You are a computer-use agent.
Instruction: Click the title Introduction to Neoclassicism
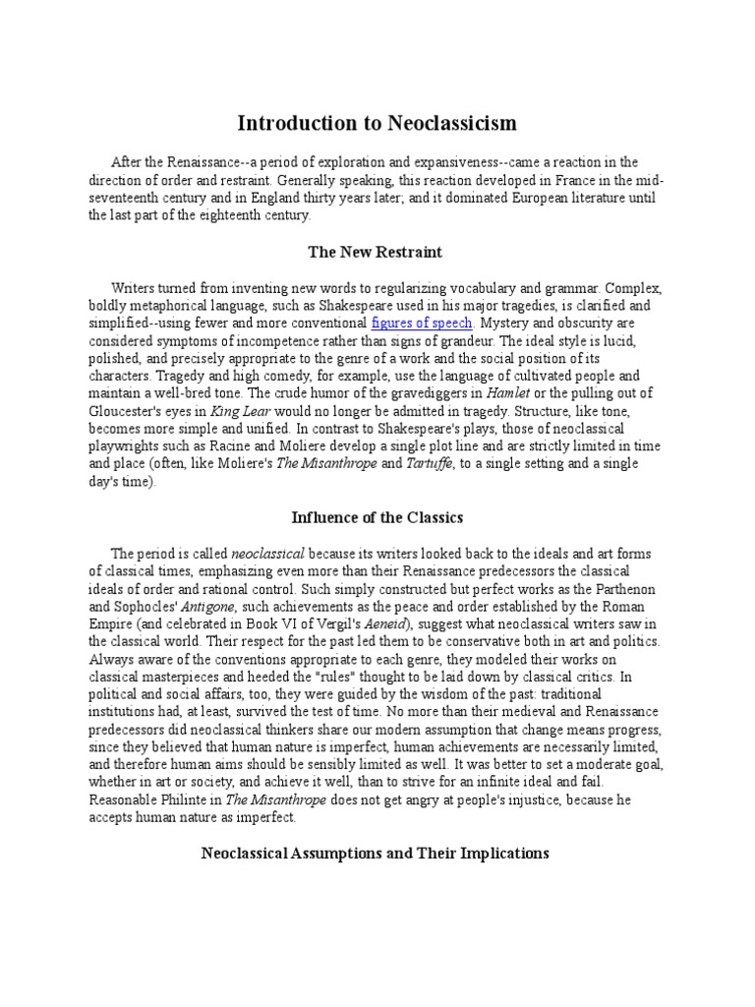[x=377, y=124]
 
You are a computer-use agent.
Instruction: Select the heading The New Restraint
[x=377, y=252]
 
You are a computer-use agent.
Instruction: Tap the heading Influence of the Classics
[x=377, y=517]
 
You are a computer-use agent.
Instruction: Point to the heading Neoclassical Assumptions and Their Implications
[x=377, y=853]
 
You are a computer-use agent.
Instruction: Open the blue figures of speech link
[x=423, y=323]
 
